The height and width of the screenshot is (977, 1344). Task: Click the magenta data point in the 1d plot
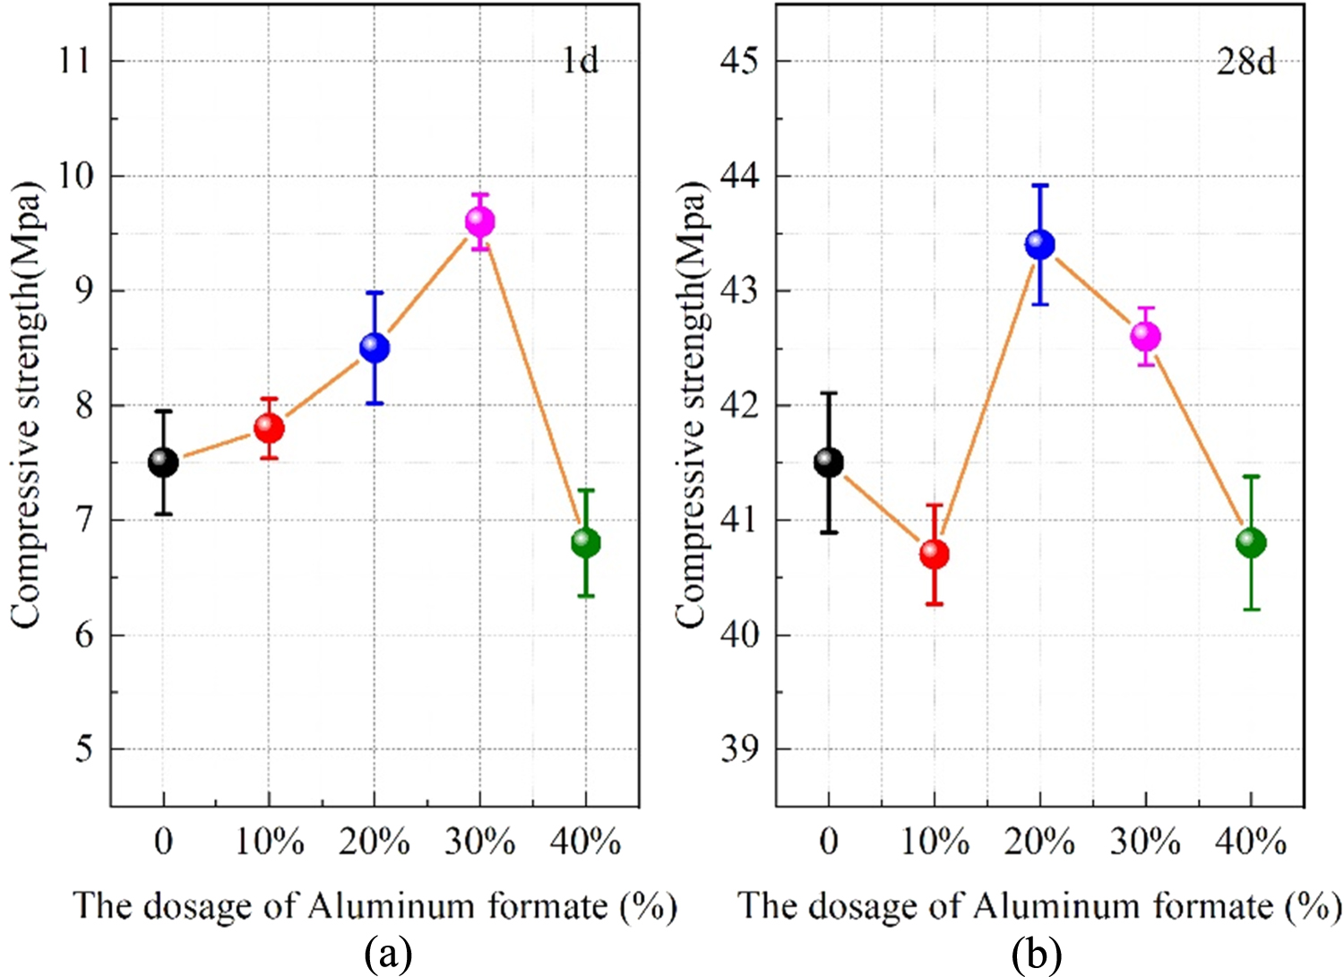point(480,221)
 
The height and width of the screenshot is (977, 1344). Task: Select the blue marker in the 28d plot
point(1039,244)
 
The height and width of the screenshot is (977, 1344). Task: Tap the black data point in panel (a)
point(163,463)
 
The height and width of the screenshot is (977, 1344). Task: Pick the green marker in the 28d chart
point(1251,542)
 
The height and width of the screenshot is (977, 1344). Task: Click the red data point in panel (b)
point(935,554)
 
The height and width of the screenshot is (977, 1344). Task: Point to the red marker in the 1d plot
point(269,428)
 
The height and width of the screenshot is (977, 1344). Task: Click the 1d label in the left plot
point(580,61)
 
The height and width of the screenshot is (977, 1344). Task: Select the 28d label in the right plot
point(1245,61)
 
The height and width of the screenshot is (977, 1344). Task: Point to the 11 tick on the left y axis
point(77,61)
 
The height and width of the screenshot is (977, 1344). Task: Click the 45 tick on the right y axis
point(740,61)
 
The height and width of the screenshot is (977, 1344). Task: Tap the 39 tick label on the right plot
point(740,749)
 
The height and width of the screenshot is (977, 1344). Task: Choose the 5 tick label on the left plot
point(83,749)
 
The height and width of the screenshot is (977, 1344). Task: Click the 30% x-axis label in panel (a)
point(480,843)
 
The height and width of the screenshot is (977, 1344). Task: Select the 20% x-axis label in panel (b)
point(1039,843)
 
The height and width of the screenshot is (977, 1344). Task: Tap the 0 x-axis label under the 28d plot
point(829,843)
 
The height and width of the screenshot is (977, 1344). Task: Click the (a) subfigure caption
point(388,955)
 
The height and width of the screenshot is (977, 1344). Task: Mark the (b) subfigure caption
point(1037,955)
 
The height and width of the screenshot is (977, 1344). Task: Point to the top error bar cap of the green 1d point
point(586,490)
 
